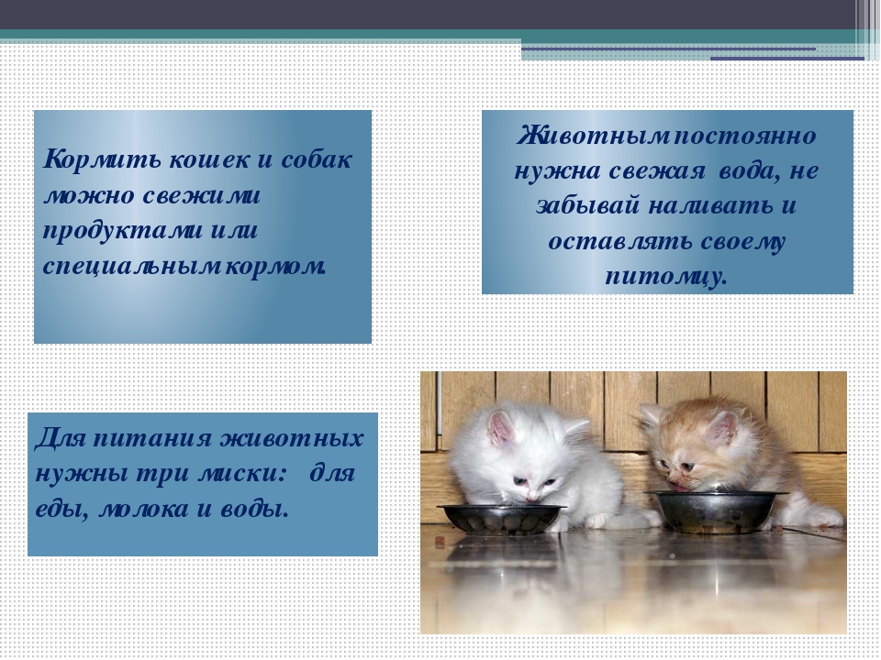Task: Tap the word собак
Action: click(316, 159)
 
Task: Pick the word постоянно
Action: click(744, 137)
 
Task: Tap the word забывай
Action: click(587, 204)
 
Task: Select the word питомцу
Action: click(666, 277)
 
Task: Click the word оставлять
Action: click(620, 241)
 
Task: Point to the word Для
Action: click(61, 438)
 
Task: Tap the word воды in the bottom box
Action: click(257, 509)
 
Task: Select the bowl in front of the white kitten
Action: click(501, 519)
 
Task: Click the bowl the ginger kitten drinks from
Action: click(716, 511)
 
